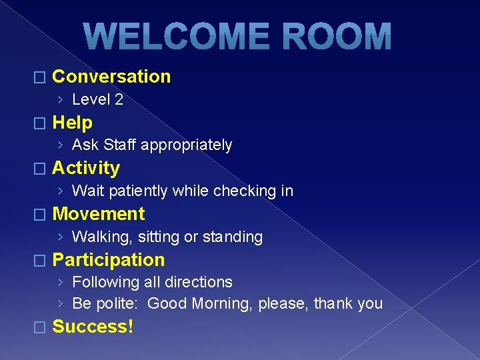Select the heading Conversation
111,77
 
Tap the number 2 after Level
118,100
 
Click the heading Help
72,123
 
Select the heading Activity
85,168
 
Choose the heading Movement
98,214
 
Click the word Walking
102,237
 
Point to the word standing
233,237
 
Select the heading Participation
108,260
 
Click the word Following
103,283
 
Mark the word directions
199,283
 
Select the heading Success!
92,327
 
